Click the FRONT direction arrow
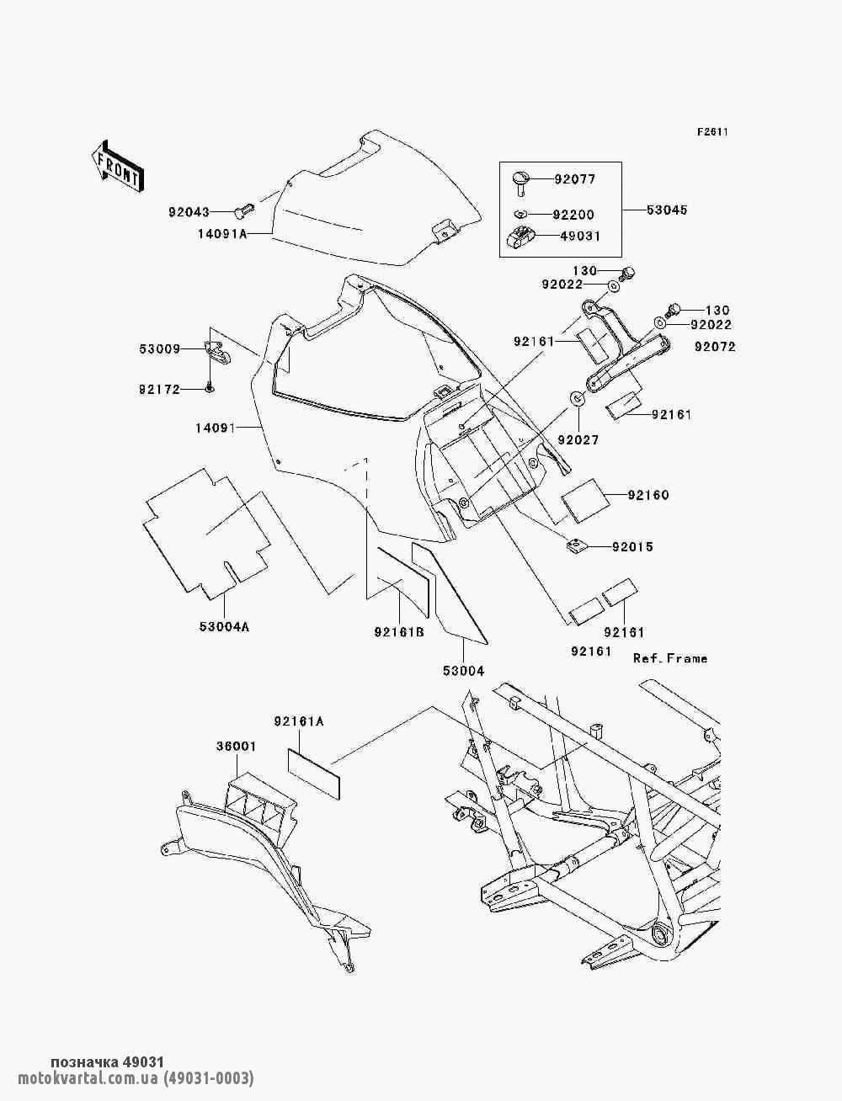coord(116,164)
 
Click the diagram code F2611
coord(711,132)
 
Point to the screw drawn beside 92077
coord(520,181)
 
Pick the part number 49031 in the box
coord(579,237)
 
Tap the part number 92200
coord(573,215)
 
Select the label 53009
coord(160,348)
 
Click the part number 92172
coord(160,389)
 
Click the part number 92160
coord(647,495)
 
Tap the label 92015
coord(631,547)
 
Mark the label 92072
coord(714,346)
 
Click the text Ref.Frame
coord(670,658)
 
